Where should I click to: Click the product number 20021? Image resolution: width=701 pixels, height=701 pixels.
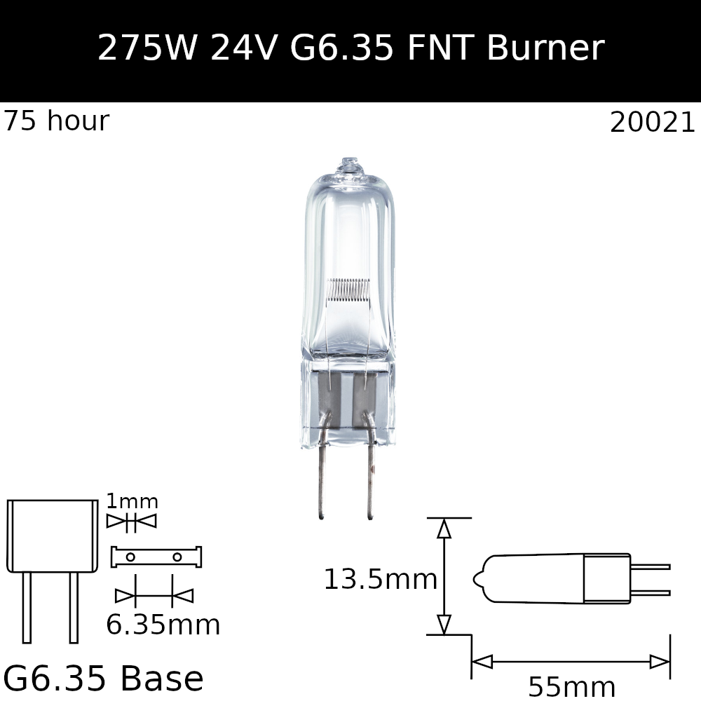tap(652, 123)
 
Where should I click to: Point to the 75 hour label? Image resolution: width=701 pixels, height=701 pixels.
tap(56, 122)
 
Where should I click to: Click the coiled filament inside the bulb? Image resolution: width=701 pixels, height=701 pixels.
tap(348, 288)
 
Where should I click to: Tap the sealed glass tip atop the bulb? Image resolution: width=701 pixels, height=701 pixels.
tap(349, 165)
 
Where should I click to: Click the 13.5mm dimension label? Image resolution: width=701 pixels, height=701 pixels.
tap(380, 580)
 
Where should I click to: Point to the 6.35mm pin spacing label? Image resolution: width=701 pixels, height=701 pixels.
tap(163, 625)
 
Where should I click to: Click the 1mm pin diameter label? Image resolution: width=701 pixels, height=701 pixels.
tap(132, 502)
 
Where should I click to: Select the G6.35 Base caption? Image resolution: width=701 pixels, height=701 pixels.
tap(103, 679)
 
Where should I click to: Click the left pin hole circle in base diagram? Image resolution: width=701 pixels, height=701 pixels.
tap(130, 557)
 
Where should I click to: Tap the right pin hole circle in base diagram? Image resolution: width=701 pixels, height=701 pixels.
tap(177, 557)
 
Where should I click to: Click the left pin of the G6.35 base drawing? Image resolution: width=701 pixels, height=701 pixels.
tap(27, 606)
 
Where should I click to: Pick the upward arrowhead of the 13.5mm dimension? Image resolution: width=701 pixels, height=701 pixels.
tap(444, 529)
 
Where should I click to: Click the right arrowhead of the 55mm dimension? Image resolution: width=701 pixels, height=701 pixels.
tap(660, 662)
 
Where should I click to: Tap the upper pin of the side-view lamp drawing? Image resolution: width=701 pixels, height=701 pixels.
tap(650, 566)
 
